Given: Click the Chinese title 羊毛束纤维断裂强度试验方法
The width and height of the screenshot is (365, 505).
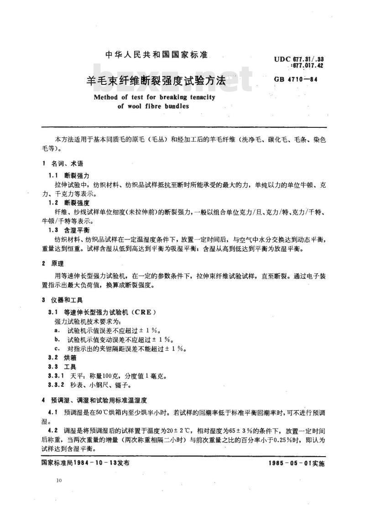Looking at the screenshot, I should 156,81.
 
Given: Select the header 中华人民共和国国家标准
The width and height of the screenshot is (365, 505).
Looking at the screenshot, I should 156,55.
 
